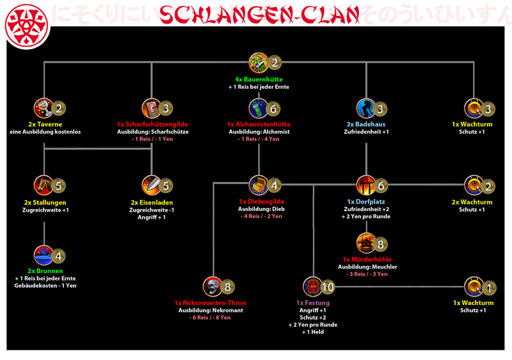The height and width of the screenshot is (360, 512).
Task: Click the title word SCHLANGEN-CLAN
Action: click(x=256, y=13)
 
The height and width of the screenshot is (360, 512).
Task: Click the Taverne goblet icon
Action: click(x=44, y=108)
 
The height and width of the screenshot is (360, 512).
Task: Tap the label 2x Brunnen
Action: click(x=44, y=270)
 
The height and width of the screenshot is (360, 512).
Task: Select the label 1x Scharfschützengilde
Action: click(x=152, y=123)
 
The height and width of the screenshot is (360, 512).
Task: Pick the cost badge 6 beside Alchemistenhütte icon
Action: click(x=273, y=109)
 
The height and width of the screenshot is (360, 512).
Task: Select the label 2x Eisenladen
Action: click(x=152, y=202)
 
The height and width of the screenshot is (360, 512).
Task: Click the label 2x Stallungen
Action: click(x=44, y=202)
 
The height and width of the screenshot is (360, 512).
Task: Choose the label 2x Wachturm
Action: click(x=474, y=201)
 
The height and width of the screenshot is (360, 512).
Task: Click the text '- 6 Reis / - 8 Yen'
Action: click(x=210, y=318)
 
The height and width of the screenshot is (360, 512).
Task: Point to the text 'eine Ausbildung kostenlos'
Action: click(x=44, y=132)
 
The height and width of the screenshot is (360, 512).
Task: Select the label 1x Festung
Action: click(x=313, y=302)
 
